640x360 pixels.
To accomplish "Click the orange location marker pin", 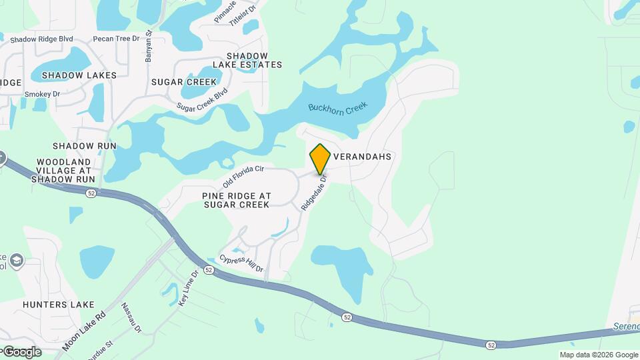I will pyautogui.click(x=320, y=159).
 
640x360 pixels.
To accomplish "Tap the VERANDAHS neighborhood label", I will pyautogui.click(x=361, y=157).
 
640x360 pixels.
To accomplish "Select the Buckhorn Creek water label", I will pyautogui.click(x=338, y=109).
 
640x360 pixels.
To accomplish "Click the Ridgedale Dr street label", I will pyautogui.click(x=315, y=193).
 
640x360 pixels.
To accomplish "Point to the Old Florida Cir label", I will pyautogui.click(x=243, y=176).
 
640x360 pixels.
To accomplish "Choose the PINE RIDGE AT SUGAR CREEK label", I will pyautogui.click(x=237, y=200).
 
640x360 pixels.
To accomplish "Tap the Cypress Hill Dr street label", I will pyautogui.click(x=241, y=263).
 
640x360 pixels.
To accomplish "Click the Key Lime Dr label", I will pyautogui.click(x=189, y=287).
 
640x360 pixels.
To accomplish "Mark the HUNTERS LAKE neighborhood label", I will pyautogui.click(x=59, y=305).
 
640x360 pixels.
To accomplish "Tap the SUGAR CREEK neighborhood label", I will pyautogui.click(x=184, y=82).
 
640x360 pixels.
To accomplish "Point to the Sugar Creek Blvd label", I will pyautogui.click(x=202, y=99).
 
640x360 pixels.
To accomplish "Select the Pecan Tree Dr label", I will pyautogui.click(x=117, y=39).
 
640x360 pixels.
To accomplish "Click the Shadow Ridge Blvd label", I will pyautogui.click(x=41, y=39).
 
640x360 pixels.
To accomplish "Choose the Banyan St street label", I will pyautogui.click(x=149, y=46).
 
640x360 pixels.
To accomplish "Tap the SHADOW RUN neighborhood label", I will pyautogui.click(x=85, y=145).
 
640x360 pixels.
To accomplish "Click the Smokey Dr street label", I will pyautogui.click(x=42, y=94).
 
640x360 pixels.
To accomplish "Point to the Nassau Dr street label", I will pyautogui.click(x=131, y=317).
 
